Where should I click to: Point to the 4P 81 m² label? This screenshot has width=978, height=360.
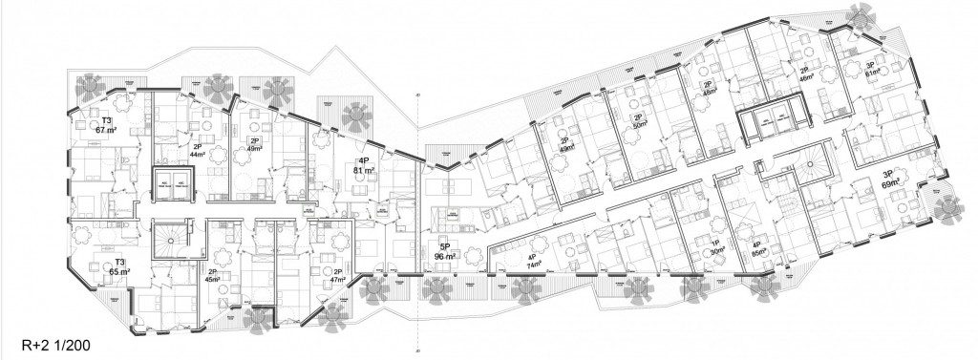click(362, 166)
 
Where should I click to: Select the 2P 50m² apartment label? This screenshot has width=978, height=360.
click(639, 120)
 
